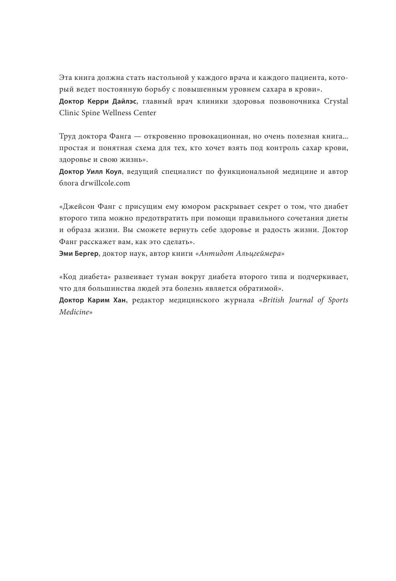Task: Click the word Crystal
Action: coord(336,101)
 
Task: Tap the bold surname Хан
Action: coord(119,300)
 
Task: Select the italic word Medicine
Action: coord(74,312)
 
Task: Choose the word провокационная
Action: coord(227,137)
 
